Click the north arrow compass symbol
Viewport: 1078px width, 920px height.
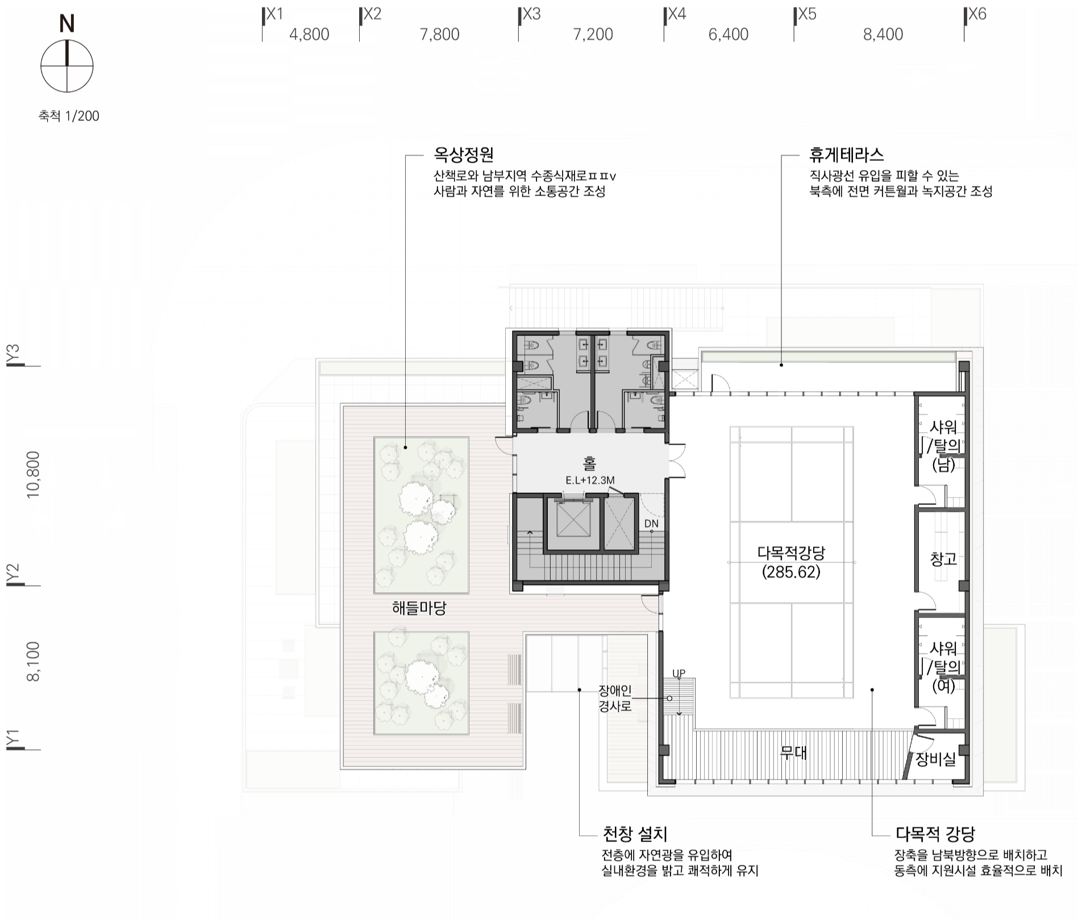[67, 66]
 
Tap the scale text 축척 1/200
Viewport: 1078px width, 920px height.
[69, 116]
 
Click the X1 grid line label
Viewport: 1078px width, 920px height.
[274, 14]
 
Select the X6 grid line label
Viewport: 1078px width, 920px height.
[977, 14]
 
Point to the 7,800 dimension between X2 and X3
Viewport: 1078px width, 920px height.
[439, 35]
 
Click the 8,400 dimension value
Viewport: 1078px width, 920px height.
[883, 35]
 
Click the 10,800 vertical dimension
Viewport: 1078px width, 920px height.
[34, 475]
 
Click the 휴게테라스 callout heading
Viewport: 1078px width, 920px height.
[847, 155]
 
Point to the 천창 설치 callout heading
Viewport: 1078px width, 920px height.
[634, 834]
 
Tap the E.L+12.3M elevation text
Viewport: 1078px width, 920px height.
[590, 480]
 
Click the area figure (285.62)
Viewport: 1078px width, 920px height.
[791, 572]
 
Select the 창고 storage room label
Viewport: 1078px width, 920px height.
[943, 560]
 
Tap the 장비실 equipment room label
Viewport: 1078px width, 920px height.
[935, 759]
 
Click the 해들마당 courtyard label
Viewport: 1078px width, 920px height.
[419, 608]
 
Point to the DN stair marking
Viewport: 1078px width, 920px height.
[651, 524]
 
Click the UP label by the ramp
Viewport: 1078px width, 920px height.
[679, 673]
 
